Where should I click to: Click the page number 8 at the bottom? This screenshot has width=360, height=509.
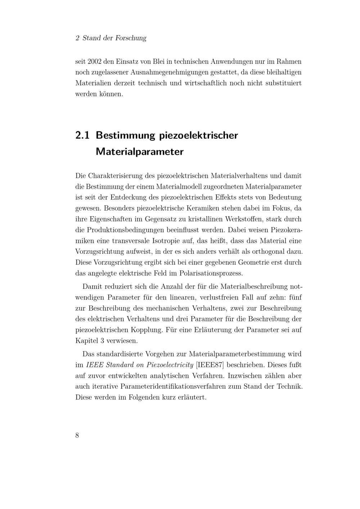pyautogui.click(x=77, y=435)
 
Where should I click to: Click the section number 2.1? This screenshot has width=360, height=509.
pyautogui.click(x=82, y=136)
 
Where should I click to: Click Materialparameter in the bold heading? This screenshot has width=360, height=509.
pyautogui.click(x=140, y=152)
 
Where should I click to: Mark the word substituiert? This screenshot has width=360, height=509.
pyautogui.click(x=283, y=83)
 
